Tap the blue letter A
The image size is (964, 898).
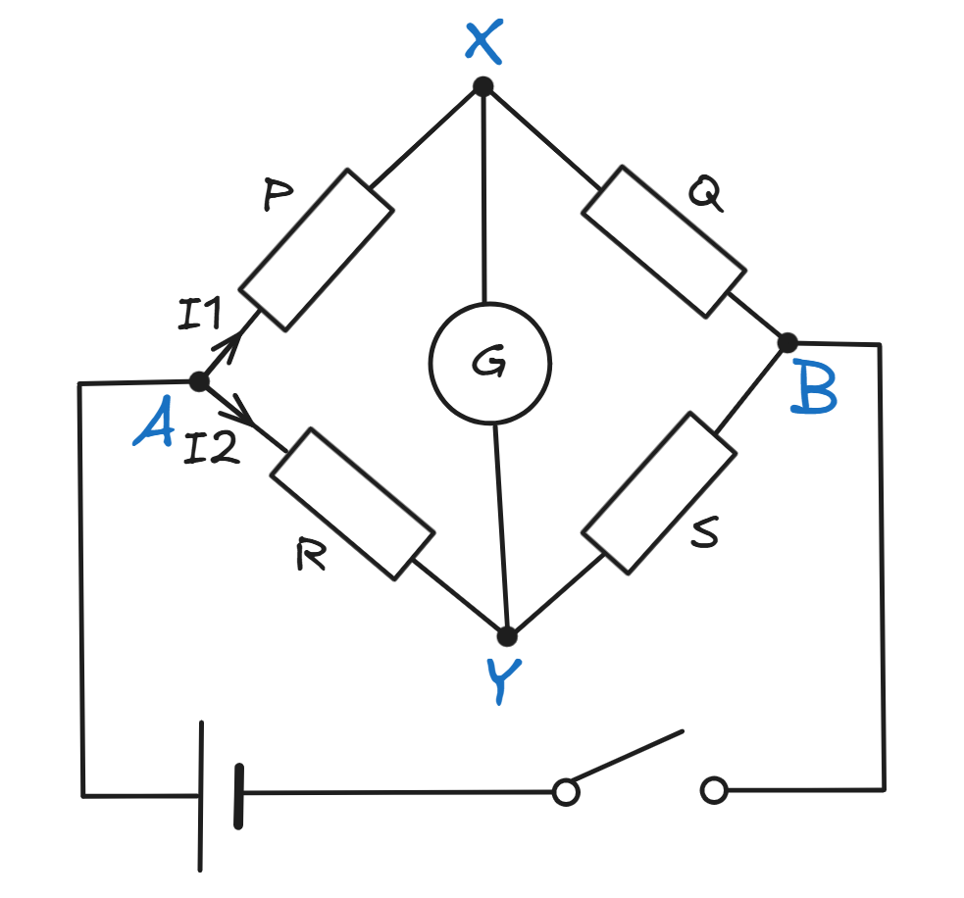pos(154,426)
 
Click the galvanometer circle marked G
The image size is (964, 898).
pos(489,363)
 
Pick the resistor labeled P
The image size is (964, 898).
pos(317,249)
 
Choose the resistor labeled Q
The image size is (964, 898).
pos(663,242)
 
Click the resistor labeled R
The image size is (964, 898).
pos(352,503)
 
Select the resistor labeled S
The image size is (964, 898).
pos(659,492)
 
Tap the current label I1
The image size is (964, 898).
pos(200,316)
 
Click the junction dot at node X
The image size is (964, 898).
pos(482,87)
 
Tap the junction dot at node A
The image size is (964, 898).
pos(198,381)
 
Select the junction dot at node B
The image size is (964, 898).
pos(787,342)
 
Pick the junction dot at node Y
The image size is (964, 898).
pos(507,636)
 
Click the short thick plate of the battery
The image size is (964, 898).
pos(238,796)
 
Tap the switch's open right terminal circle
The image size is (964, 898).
pos(715,790)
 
